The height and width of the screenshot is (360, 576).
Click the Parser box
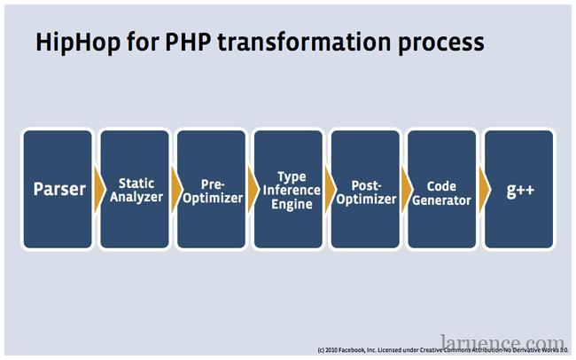(58, 189)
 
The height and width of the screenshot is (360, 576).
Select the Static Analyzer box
(135, 189)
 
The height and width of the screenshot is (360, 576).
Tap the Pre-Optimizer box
(211, 189)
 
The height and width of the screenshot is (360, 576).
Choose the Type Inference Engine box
(288, 189)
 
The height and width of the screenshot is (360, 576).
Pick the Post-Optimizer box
(365, 189)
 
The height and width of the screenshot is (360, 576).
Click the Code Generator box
(442, 189)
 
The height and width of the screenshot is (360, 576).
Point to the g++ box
(519, 189)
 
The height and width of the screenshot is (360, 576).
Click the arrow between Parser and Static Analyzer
(99, 190)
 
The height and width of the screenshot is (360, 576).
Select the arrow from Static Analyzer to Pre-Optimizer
(176, 190)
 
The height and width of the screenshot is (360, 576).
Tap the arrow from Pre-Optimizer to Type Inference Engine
(253, 190)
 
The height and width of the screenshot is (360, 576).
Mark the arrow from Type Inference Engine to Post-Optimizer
(331, 190)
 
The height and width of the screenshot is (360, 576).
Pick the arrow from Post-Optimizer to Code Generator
(408, 190)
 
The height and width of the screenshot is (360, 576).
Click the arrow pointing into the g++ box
(485, 190)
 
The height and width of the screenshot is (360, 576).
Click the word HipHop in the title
(78, 43)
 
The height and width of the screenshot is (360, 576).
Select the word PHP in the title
(188, 42)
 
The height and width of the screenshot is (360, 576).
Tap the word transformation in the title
(305, 42)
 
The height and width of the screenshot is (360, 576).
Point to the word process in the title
(441, 44)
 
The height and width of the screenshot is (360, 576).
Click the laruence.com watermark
(502, 342)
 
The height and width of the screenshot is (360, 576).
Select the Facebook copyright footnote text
(443, 349)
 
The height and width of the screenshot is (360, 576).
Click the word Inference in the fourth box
(292, 190)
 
